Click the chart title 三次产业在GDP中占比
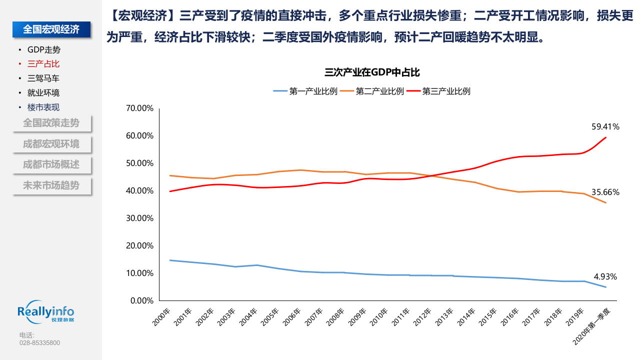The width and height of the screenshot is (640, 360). point(372,72)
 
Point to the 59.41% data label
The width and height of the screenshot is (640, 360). point(605,127)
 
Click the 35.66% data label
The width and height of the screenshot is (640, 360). point(605,192)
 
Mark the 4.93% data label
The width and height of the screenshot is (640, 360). point(605,276)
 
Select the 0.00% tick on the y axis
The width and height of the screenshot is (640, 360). point(141,300)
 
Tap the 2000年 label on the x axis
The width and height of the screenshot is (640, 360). point(161,317)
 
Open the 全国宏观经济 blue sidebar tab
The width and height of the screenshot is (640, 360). point(51,30)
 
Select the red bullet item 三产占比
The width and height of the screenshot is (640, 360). point(43,64)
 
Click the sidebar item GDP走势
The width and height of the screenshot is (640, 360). point(44,50)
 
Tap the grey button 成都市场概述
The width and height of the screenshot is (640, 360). point(51,164)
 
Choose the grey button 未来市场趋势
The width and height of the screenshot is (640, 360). point(51,185)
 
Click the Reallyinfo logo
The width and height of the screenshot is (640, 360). point(45,313)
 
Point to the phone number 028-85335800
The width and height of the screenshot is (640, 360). point(39,343)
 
